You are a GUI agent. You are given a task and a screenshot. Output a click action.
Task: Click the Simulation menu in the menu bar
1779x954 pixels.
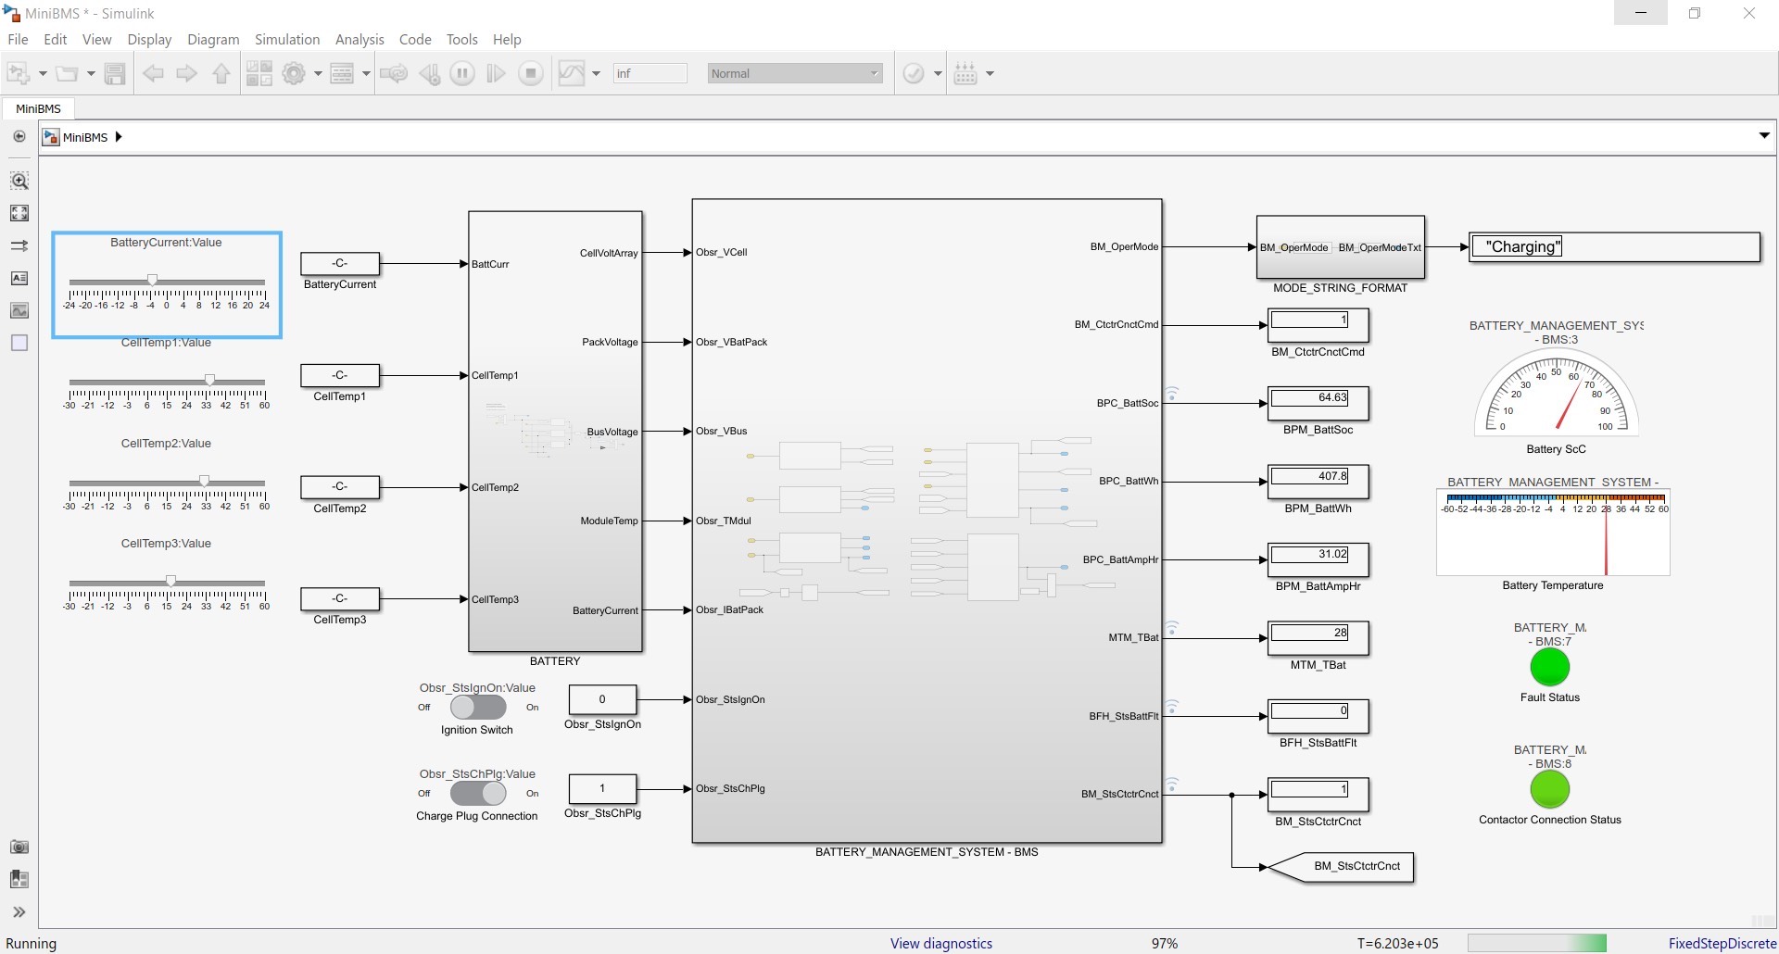click(x=286, y=39)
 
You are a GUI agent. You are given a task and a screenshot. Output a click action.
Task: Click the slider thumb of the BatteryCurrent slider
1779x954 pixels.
click(x=153, y=280)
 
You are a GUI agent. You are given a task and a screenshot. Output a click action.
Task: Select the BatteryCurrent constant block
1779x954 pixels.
click(x=340, y=263)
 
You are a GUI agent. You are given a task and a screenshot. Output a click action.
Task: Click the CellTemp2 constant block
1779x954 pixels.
click(x=340, y=486)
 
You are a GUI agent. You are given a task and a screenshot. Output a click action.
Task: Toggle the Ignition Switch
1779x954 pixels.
click(x=477, y=707)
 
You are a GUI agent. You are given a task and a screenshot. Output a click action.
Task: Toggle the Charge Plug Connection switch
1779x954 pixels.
click(x=477, y=793)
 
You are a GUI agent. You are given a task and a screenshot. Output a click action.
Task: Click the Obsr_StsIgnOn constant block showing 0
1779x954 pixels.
click(x=602, y=699)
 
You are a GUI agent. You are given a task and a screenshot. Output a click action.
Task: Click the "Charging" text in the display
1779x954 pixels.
click(x=1523, y=246)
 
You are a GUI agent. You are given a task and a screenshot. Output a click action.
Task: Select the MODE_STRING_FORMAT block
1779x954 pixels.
click(x=1340, y=247)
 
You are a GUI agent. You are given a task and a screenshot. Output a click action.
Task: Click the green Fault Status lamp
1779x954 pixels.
click(x=1549, y=667)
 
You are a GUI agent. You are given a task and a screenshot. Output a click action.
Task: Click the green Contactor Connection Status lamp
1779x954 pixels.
click(x=1549, y=789)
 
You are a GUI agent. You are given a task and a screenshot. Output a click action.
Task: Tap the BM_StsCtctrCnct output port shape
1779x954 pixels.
click(x=1342, y=867)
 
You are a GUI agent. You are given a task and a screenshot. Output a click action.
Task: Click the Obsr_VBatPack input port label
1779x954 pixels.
click(x=731, y=342)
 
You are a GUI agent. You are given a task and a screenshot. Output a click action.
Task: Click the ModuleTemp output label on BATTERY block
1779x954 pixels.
click(x=609, y=521)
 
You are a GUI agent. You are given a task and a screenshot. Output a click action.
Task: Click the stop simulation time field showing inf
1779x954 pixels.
click(x=650, y=73)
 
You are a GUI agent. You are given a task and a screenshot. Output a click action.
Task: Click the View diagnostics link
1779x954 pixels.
click(x=940, y=943)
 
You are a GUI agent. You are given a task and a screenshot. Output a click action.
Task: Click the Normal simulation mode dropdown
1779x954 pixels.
click(x=794, y=73)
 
